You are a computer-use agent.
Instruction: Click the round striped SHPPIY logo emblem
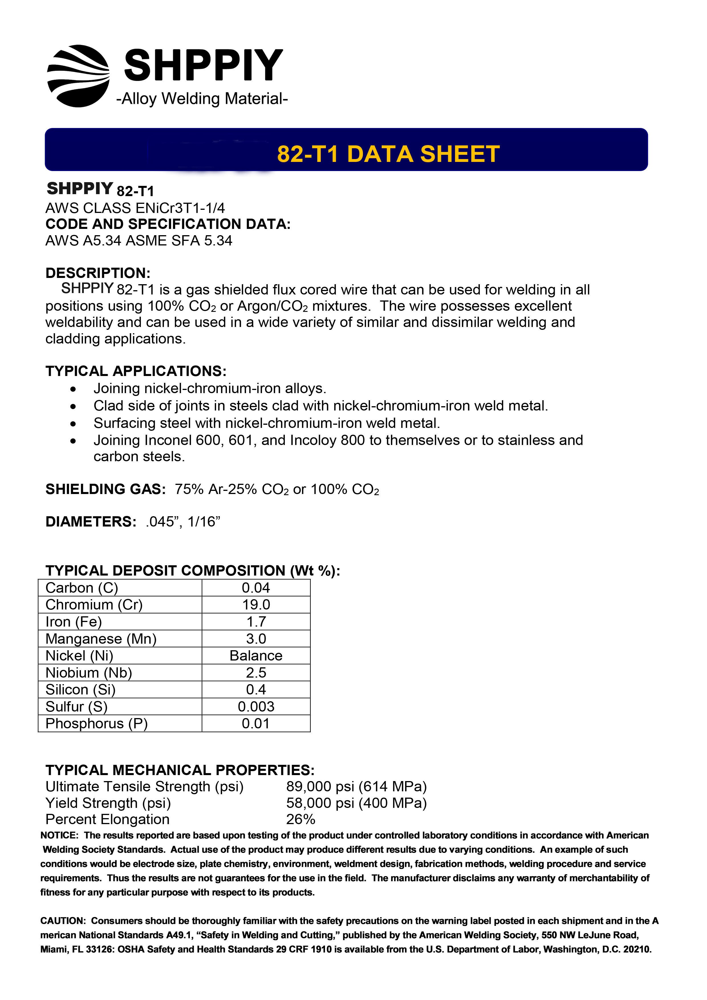tap(78, 76)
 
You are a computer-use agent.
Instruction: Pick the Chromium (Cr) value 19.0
tap(256, 605)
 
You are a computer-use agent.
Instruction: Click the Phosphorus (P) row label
tap(97, 723)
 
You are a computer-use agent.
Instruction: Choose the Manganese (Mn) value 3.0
tap(256, 639)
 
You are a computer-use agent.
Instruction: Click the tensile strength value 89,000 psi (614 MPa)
tap(356, 786)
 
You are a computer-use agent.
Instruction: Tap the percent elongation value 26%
tap(300, 819)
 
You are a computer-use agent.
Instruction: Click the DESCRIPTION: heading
tap(98, 273)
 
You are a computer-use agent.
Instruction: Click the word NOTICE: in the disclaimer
tap(59, 835)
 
